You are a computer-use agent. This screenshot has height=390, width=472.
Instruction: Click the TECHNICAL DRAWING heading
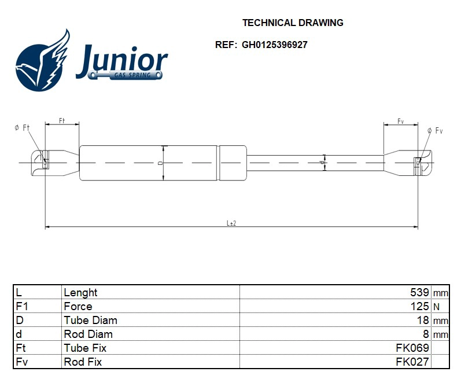coord(292,23)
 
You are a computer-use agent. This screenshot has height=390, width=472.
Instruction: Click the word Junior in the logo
coord(121,61)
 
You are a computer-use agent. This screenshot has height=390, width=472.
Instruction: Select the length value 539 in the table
coord(419,292)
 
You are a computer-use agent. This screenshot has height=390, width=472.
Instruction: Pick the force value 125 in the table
coord(419,306)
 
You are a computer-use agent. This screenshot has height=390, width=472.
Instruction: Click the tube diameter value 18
coord(423,320)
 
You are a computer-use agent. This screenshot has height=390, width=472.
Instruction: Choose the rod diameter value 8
coord(426,334)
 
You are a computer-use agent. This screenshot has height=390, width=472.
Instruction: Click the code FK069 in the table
coord(412,348)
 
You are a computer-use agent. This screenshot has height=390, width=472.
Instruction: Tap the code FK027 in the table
coord(412,362)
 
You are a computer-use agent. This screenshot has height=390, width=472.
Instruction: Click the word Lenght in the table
coord(80,292)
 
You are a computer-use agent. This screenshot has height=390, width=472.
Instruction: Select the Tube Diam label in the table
coord(90,320)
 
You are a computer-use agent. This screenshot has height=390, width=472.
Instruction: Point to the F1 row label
coord(21,306)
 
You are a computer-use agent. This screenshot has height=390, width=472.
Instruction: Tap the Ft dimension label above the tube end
coord(62,120)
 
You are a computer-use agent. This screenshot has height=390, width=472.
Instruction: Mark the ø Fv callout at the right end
coord(434,131)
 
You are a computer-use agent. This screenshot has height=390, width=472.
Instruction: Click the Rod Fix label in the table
coord(83,362)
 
